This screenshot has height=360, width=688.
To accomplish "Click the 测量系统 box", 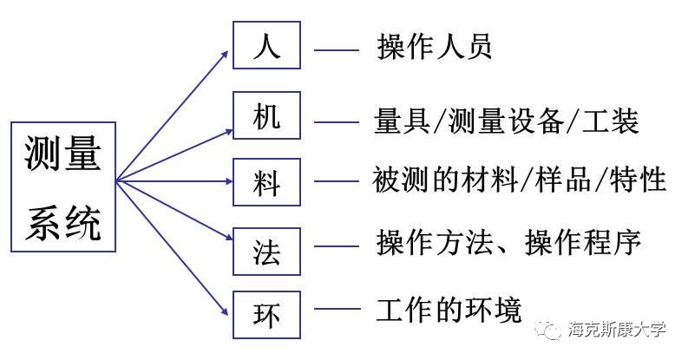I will tap(63, 187).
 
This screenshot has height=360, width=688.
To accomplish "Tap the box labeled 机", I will tap(266, 115).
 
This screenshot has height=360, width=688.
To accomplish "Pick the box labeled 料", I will tap(266, 182).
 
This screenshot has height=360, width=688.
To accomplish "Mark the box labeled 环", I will tap(266, 313).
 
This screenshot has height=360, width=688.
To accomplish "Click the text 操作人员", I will tap(435, 46).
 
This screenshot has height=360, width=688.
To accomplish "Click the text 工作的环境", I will tap(449, 309).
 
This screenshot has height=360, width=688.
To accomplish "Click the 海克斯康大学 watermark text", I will tap(617, 330).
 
